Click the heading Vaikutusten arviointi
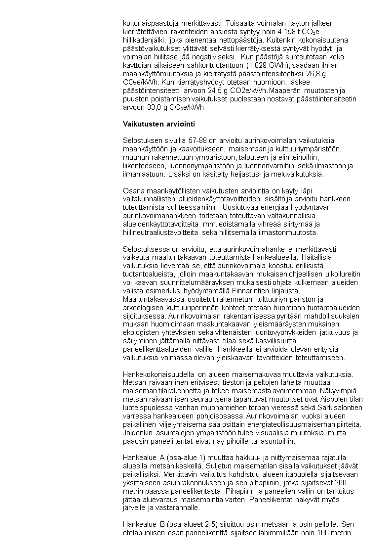(156, 124)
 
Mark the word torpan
(255, 407)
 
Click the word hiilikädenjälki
(143, 40)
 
